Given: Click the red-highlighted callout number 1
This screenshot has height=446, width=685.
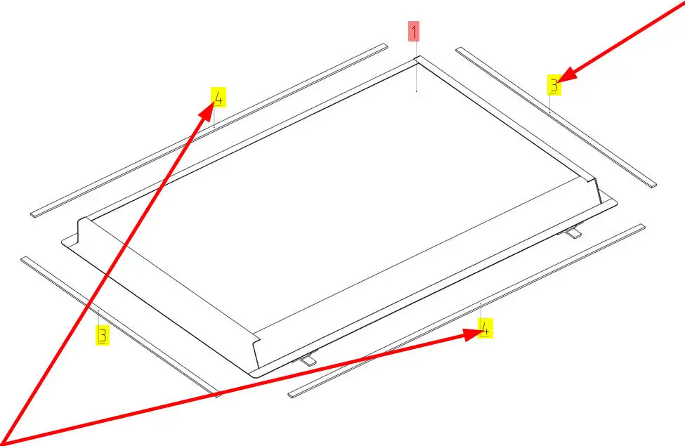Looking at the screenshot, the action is coord(414,31).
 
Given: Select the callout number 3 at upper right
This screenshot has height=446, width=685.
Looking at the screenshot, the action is coord(554,85).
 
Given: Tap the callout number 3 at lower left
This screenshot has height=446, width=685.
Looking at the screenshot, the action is coord(103,335).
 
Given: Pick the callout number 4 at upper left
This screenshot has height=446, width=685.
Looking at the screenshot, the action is coord(218,98).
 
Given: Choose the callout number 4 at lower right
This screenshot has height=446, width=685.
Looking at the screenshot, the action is coord(485,328).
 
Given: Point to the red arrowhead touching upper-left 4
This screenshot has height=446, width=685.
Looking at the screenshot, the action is coord(208,109).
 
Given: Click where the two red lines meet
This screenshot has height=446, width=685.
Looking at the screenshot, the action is coord(4,441).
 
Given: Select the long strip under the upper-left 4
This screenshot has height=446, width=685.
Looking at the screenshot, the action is coord(209,130).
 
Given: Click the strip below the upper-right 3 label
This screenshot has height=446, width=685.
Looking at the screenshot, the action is coord(556,117).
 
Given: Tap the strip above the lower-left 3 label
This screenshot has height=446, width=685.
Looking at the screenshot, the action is coord(121,327).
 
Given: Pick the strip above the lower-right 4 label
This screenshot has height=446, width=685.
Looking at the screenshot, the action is coord(467,310).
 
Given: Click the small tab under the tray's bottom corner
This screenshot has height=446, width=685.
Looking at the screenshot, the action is coord(308,359).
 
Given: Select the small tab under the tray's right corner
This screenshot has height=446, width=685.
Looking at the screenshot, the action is coord(573,232).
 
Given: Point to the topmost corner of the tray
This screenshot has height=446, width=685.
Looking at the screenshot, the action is coord(417,56).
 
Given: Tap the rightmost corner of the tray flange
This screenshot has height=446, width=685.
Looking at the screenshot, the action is coord(617,203).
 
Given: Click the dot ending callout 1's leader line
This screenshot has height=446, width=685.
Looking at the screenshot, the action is coord(417,92).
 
